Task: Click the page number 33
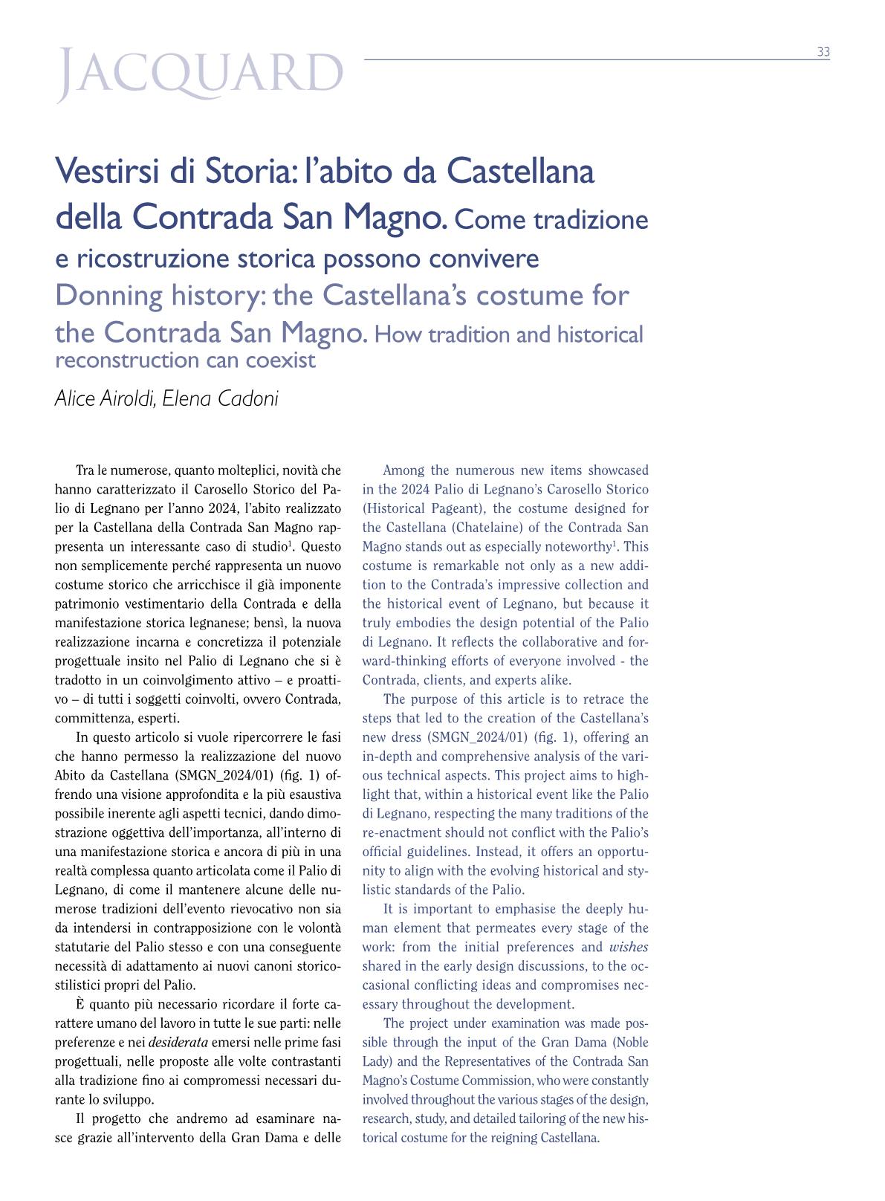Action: pos(823,52)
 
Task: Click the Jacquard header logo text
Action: pos(201,74)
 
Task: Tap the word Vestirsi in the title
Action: pos(105,172)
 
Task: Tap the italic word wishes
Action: pos(629,947)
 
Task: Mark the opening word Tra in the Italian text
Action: pos(85,470)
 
